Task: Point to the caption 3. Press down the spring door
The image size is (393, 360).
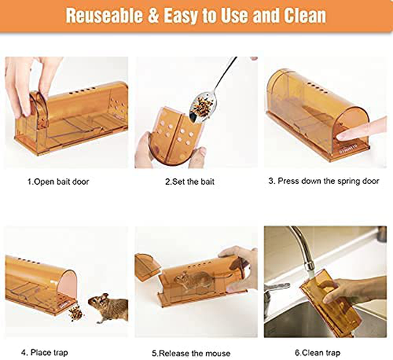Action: (x=322, y=181)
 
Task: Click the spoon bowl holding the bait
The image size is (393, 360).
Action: (x=197, y=107)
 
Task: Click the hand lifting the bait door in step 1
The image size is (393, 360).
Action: (x=29, y=80)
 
